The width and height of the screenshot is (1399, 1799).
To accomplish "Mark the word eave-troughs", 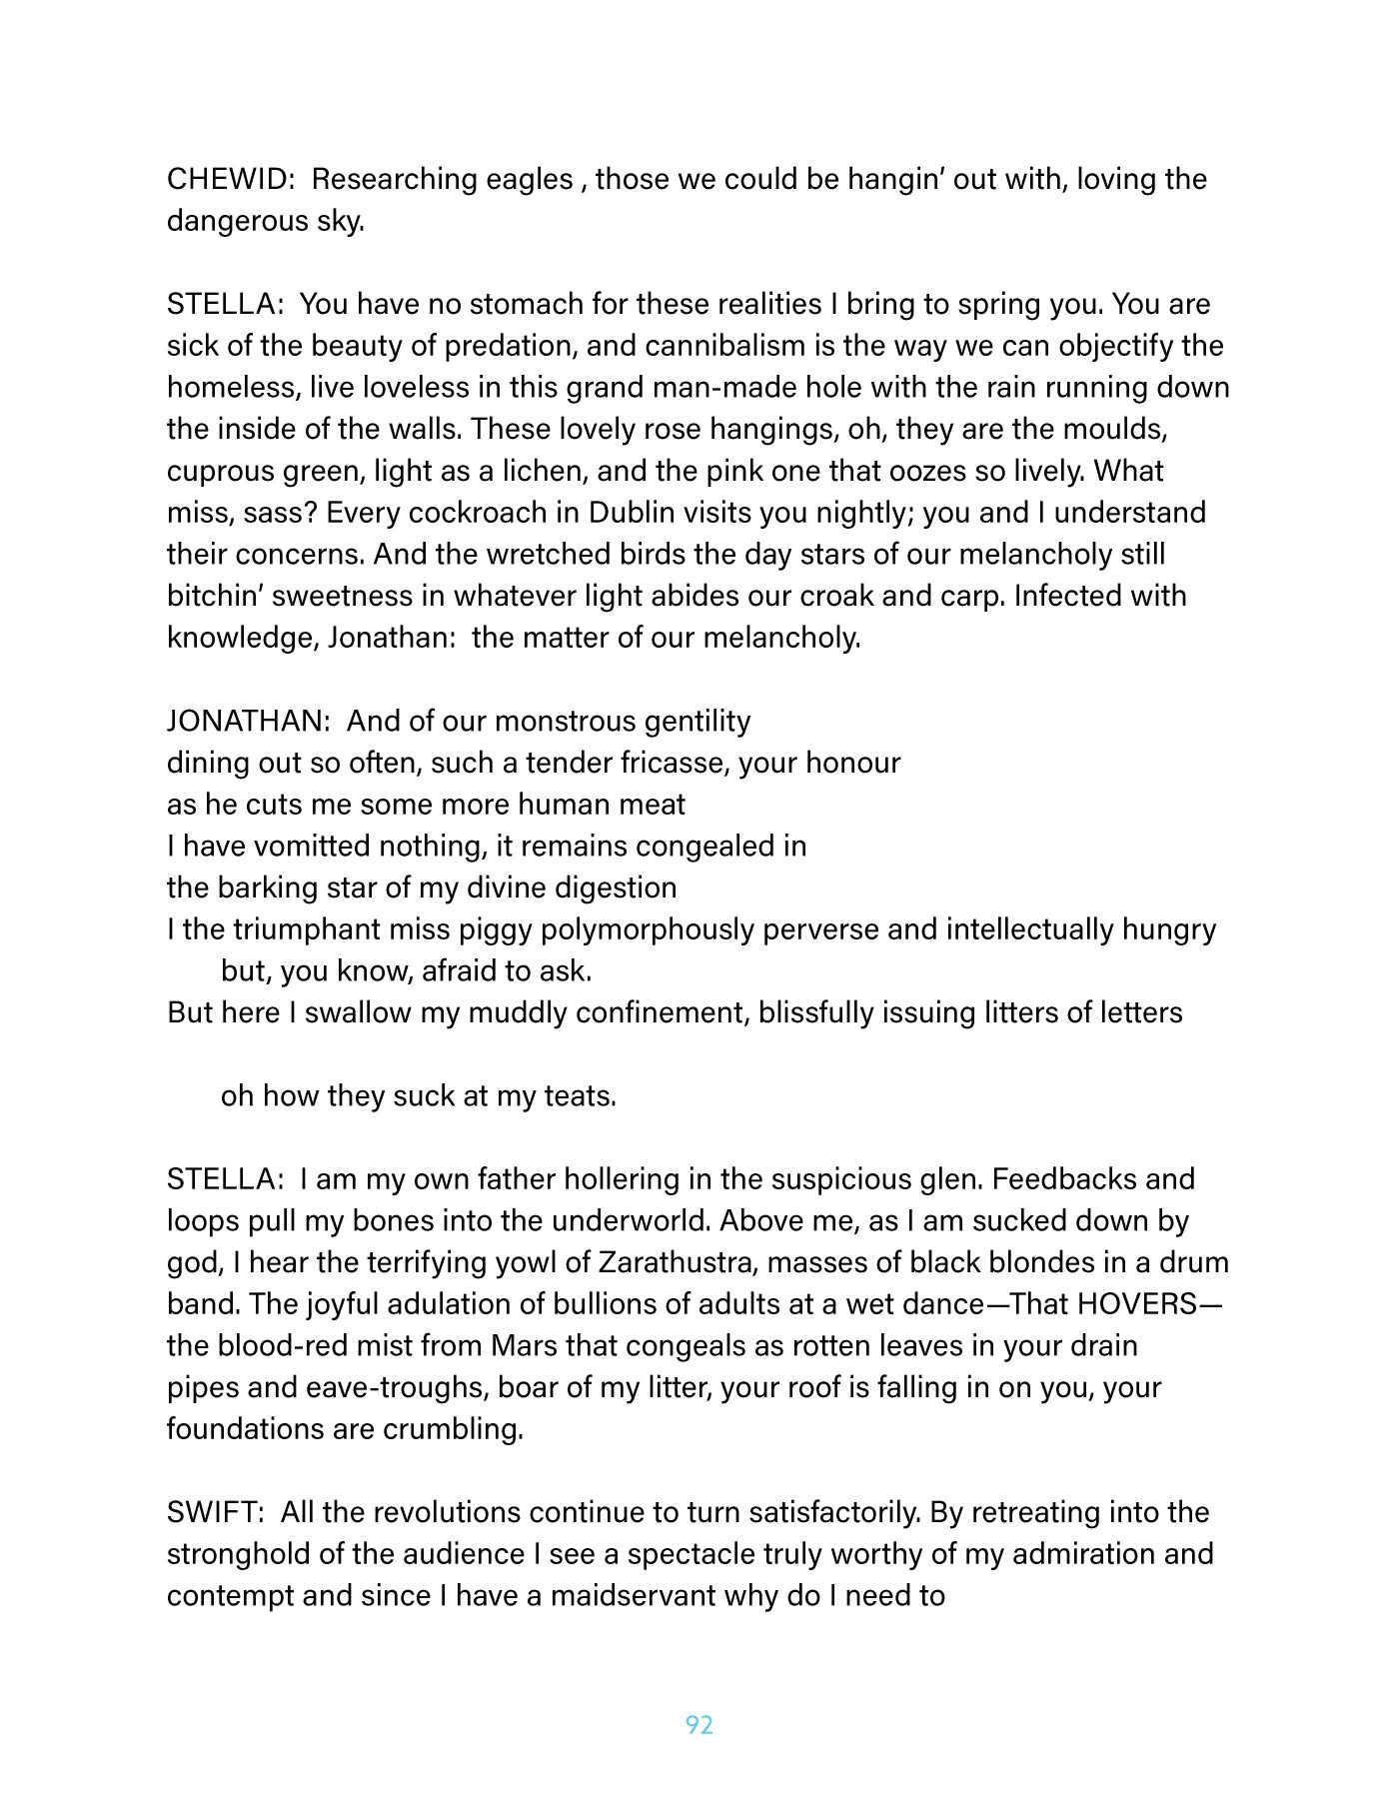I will pos(396,1387).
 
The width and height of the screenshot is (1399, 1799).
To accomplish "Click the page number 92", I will pos(699,1725).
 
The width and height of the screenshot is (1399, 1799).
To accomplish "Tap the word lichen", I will pos(560,471).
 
